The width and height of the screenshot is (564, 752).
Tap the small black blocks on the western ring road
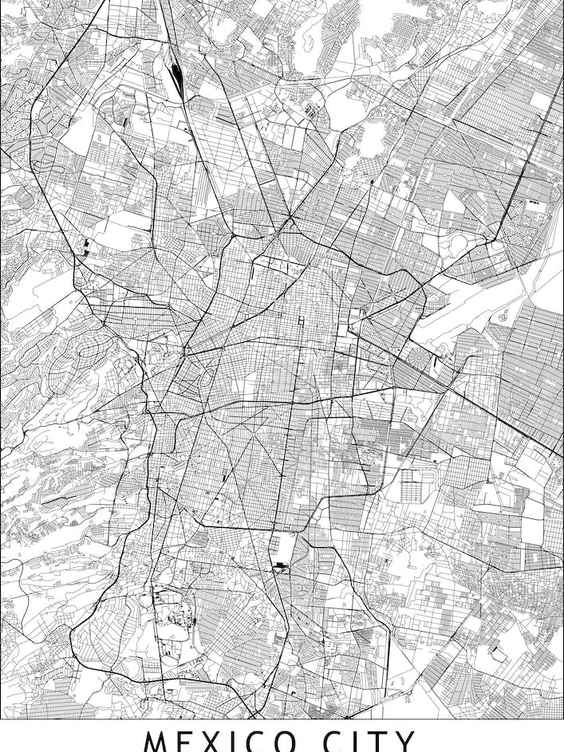(85, 245)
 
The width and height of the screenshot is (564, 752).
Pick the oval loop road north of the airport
(460, 242)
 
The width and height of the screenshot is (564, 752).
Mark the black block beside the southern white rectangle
(279, 567)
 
